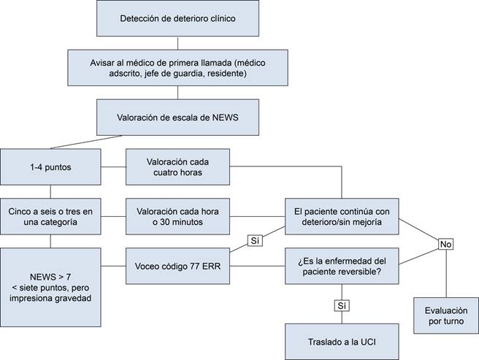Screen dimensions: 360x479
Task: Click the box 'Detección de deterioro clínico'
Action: click(178, 18)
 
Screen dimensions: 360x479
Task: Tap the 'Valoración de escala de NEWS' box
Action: click(178, 116)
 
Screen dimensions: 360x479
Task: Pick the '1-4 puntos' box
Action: click(50, 166)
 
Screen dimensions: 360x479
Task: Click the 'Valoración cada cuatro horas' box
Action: click(178, 166)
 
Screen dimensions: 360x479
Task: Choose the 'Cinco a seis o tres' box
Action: click(50, 215)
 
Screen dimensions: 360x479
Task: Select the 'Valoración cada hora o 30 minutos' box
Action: click(178, 215)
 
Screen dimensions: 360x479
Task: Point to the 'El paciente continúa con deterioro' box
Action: click(342, 215)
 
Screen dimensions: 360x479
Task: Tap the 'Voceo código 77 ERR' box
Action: click(178, 265)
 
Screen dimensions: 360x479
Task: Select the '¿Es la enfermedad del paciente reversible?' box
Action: click(342, 265)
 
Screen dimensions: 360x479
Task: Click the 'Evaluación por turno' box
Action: click(445, 315)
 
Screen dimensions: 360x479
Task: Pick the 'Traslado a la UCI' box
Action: click(342, 341)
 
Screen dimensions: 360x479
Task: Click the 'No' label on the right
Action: click(445, 245)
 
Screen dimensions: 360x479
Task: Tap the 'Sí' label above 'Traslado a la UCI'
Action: click(341, 305)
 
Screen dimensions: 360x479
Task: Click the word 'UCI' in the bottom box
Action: click(374, 341)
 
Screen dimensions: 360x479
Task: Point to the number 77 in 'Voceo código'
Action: click(196, 265)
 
